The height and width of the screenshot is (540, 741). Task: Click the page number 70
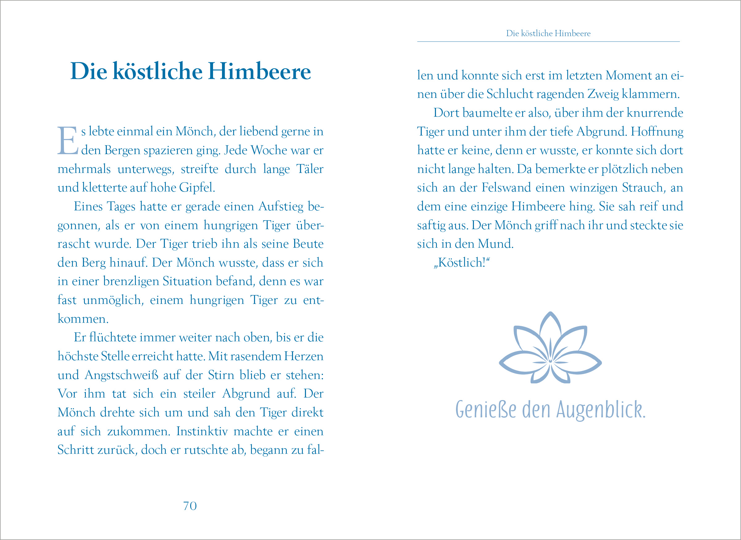[x=190, y=506]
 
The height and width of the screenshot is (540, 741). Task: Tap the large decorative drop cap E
[x=68, y=141]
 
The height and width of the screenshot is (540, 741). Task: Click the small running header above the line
[x=548, y=33]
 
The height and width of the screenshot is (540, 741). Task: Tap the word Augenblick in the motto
[x=601, y=409]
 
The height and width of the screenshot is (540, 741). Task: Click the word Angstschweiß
[x=121, y=375]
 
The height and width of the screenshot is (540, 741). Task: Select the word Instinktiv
[x=202, y=431]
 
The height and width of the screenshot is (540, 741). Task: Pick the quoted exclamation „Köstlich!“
[x=462, y=263]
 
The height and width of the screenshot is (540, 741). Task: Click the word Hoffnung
[x=657, y=131]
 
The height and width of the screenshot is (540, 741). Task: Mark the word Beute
[x=308, y=244]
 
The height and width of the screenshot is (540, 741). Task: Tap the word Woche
[x=269, y=150]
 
